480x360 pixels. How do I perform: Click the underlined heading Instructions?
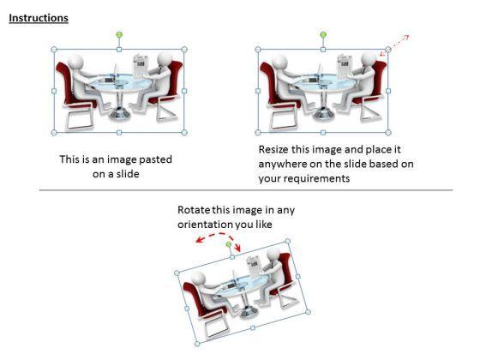coord(39,18)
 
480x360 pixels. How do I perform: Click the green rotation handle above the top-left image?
coord(119,34)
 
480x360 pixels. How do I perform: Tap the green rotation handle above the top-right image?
coord(323,34)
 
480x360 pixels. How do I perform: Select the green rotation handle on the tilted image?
coord(228,244)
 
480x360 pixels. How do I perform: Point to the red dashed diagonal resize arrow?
coord(395,45)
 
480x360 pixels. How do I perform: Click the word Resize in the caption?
coord(273,150)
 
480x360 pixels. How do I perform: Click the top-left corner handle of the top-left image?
coord(54,50)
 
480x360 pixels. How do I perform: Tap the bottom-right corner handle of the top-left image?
coord(184,132)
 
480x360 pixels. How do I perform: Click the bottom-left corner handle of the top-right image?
coord(258,132)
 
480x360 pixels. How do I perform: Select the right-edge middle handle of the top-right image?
coord(388,91)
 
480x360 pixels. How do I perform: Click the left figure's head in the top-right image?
coord(279,62)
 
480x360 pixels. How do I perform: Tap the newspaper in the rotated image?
coord(255,265)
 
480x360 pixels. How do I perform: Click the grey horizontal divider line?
coord(246,190)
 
